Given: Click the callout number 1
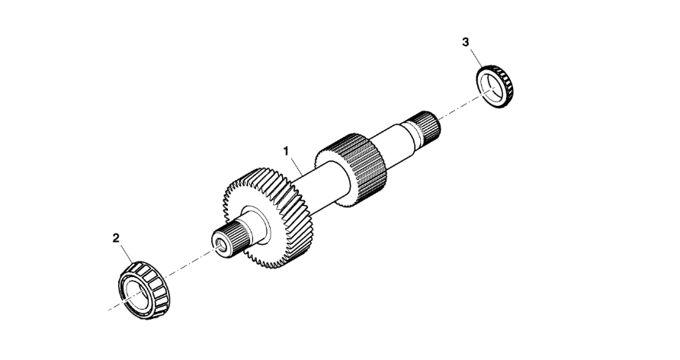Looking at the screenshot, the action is [x=286, y=151].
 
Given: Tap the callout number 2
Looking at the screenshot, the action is [x=116, y=238].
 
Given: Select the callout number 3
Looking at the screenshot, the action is [x=465, y=42].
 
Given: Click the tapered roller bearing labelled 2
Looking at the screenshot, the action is [x=144, y=290].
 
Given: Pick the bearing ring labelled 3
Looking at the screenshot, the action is [x=495, y=86].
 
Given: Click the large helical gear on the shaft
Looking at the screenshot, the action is [x=268, y=217].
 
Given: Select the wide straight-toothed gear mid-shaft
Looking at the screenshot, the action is [x=351, y=169].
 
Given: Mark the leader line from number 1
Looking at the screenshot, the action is [x=298, y=166].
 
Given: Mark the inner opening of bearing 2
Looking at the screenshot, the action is [x=135, y=295].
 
